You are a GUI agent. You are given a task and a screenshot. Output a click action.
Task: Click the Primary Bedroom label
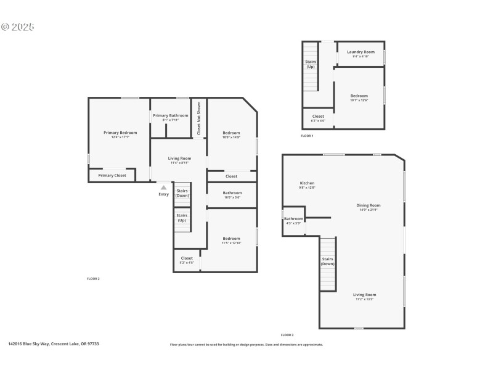click(x=120, y=133)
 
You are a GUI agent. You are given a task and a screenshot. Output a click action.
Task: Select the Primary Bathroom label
click(x=171, y=116)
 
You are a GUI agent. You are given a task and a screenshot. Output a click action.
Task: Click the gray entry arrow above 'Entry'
click(x=163, y=187)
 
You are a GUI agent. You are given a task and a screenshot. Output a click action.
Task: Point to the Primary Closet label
click(x=112, y=175)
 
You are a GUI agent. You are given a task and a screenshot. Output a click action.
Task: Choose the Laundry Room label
click(x=361, y=52)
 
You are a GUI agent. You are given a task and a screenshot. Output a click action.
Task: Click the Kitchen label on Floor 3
click(x=307, y=183)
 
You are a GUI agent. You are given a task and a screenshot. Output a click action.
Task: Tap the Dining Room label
click(x=369, y=205)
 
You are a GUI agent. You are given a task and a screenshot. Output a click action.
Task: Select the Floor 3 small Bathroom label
click(x=293, y=219)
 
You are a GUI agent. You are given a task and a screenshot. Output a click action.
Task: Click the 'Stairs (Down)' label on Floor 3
click(x=328, y=261)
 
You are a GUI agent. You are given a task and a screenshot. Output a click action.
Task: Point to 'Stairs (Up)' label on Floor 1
click(x=311, y=64)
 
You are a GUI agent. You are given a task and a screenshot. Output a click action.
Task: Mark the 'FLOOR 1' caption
click(x=307, y=136)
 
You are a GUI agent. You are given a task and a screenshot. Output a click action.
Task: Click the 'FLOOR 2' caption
click(x=93, y=279)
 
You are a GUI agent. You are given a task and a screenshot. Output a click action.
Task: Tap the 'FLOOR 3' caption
click(x=287, y=335)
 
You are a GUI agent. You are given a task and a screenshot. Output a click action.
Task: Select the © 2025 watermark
click(x=18, y=27)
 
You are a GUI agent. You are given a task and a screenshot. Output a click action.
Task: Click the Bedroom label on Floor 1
click(x=359, y=96)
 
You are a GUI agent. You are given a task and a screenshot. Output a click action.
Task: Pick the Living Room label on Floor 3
click(x=364, y=295)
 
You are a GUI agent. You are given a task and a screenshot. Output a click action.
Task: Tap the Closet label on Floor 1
click(x=318, y=116)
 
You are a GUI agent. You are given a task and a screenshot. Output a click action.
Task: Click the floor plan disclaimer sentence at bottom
click(x=246, y=345)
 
